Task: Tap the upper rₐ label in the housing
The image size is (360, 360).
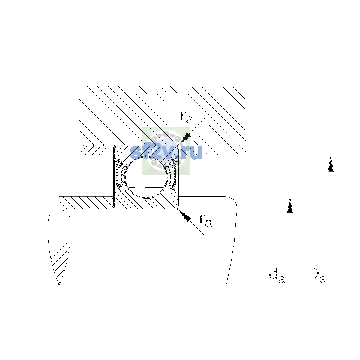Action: click(x=187, y=117)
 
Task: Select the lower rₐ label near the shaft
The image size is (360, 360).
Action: click(x=206, y=220)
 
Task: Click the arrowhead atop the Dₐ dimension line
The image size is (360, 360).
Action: click(x=331, y=163)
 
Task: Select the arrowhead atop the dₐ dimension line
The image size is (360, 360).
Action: click(x=290, y=205)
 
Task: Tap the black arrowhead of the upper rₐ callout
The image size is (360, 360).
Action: click(x=185, y=138)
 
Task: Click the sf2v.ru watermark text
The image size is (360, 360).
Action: click(x=166, y=152)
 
